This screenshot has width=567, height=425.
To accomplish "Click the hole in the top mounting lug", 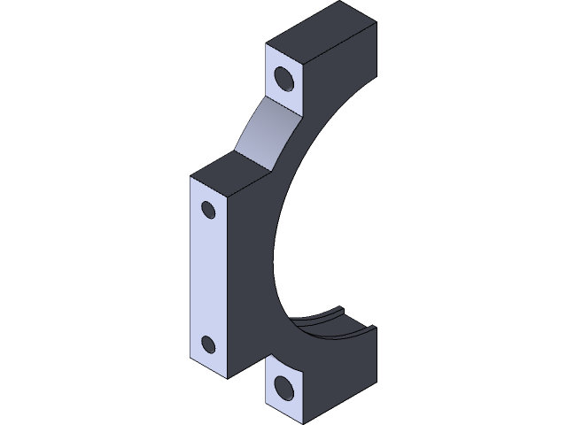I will tap(285, 78).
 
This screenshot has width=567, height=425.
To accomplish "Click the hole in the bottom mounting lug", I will tap(284, 387).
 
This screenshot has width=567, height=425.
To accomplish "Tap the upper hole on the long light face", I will tap(209, 210).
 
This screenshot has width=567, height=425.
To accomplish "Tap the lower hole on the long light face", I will tap(209, 344).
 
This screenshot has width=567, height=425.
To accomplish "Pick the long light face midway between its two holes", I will tap(209, 276).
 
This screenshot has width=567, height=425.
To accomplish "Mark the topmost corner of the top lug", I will tap(340, 2).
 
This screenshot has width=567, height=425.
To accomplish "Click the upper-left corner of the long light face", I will tap(190, 176).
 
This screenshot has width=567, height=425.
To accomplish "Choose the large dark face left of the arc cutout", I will tap(252, 266).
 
